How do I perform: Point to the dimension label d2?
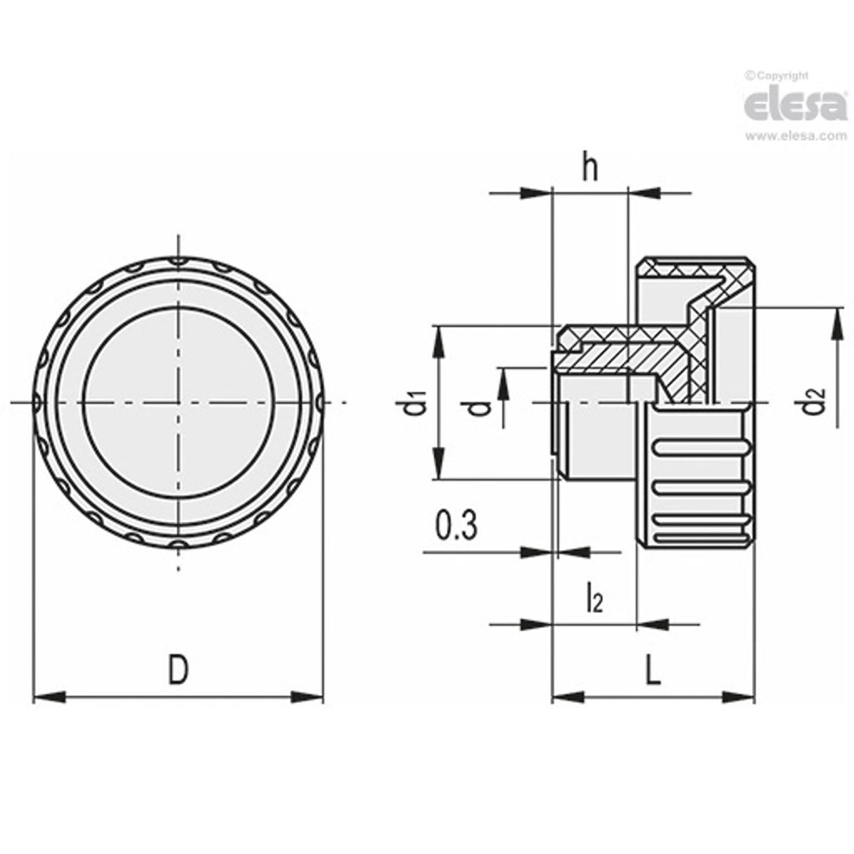coord(815,402)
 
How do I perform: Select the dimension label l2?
coord(594,599)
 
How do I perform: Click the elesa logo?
coord(795,106)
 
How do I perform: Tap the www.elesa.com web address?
coord(796,136)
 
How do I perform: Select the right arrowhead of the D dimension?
coord(308,698)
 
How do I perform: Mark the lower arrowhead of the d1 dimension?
coord(439,466)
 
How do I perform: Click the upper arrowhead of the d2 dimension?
coord(837,322)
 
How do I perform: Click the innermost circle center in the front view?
coord(178,402)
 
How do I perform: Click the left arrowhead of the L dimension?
coord(567,698)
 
